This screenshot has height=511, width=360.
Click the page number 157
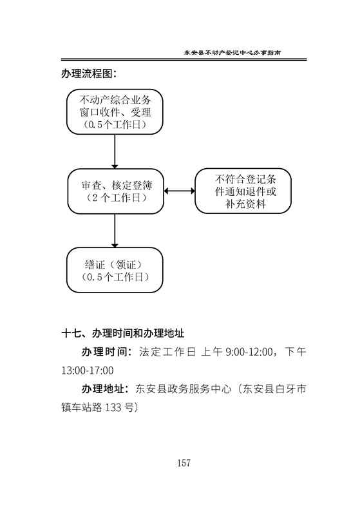[x=184, y=463]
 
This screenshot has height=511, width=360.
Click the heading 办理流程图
[x=88, y=73]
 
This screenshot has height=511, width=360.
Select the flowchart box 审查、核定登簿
[x=116, y=191]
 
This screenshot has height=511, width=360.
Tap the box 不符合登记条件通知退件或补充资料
[x=243, y=191]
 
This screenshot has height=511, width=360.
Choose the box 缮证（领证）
[x=115, y=270]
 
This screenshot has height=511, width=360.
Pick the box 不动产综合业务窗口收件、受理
[x=115, y=111]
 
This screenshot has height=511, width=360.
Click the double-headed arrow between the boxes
[x=179, y=191]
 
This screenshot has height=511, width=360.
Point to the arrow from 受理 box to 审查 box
[x=115, y=151]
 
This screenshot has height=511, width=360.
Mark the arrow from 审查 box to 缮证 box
[x=115, y=231]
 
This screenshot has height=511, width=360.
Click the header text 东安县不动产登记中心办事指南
[x=232, y=52]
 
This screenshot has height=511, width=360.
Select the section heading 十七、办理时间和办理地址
[x=123, y=333]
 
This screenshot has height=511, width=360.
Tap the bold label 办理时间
[x=104, y=352]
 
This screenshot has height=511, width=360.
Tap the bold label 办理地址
[x=103, y=389]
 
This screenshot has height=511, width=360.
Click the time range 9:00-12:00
[x=249, y=352]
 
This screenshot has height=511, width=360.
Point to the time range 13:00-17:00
[x=88, y=371]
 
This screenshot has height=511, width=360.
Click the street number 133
[x=113, y=407]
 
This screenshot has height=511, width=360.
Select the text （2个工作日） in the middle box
[x=116, y=198]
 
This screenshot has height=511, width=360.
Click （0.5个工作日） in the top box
[x=115, y=124]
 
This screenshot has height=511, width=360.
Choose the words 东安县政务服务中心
[x=184, y=389]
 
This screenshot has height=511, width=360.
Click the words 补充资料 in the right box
[x=245, y=204]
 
